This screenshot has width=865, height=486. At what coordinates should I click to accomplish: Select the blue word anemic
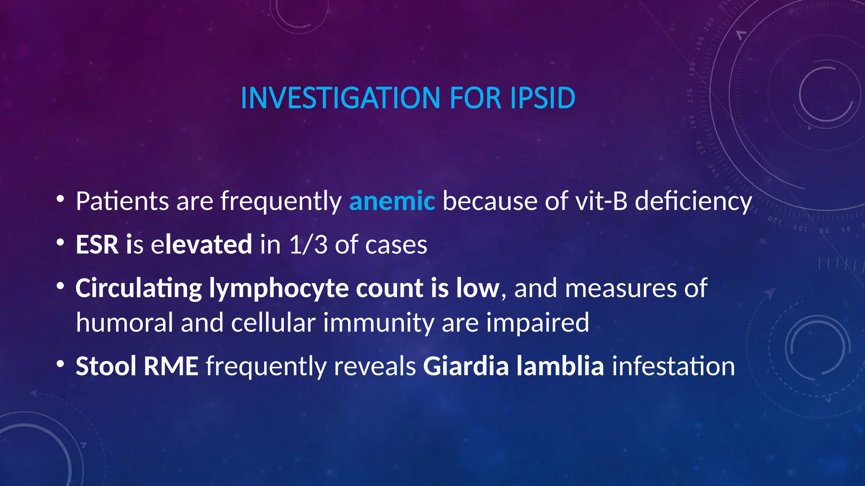click(392, 201)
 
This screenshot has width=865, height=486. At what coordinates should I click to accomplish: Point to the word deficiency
click(693, 202)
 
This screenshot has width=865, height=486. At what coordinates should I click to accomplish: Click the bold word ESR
click(97, 244)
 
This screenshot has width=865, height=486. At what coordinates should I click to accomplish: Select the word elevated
click(202, 244)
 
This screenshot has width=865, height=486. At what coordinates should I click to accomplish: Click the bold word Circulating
click(139, 289)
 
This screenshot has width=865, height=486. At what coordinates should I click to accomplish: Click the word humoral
click(125, 322)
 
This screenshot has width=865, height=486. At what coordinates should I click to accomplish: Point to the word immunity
click(378, 323)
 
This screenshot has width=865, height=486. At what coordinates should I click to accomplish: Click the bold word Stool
click(106, 366)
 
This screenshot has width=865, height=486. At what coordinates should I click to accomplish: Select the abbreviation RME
click(171, 366)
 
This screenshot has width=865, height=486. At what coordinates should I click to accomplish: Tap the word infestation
click(673, 366)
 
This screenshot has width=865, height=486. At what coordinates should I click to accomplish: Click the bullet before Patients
click(60, 198)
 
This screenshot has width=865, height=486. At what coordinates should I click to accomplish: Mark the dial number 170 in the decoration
click(690, 96)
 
